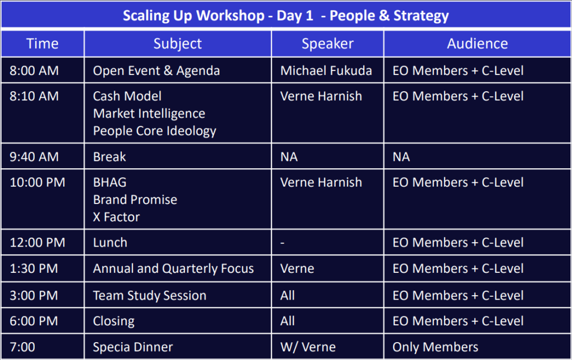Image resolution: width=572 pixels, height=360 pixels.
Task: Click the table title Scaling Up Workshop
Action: [193, 16]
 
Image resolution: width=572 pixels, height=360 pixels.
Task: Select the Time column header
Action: [42, 44]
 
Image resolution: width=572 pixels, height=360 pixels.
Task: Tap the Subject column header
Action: [177, 44]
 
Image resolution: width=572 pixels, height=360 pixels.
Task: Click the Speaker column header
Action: [327, 44]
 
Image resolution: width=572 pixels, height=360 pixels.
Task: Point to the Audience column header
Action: [477, 44]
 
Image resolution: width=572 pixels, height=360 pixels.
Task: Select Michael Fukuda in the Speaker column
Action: [326, 70]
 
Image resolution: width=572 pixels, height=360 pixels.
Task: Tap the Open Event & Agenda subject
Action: [156, 71]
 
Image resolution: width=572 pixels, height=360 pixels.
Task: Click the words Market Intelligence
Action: [149, 113]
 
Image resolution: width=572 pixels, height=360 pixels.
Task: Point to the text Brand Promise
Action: [135, 200]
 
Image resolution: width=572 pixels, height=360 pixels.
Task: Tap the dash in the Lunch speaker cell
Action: [282, 243]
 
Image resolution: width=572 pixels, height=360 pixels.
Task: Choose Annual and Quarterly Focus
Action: [173, 269]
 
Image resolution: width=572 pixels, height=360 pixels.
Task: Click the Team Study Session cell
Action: [150, 296]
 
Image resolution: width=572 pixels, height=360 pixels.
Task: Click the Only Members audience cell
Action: [435, 347]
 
